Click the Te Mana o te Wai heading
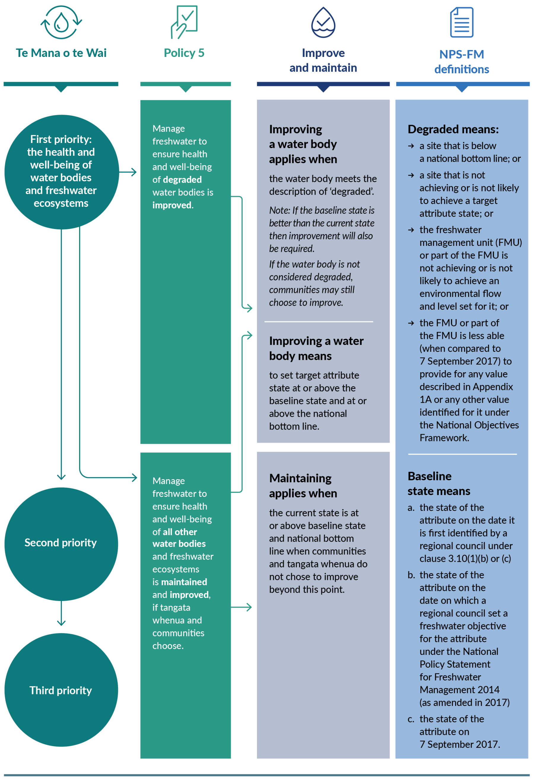pos(61,53)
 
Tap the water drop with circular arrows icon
pos(61,23)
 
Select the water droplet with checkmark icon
pos(323,23)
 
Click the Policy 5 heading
pos(184,53)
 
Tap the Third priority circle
pos(61,690)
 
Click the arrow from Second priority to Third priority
pos(61,613)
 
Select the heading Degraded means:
pos(453,129)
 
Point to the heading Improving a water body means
pos(316,348)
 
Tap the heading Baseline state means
pos(438,483)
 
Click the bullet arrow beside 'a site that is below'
pos(411,146)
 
